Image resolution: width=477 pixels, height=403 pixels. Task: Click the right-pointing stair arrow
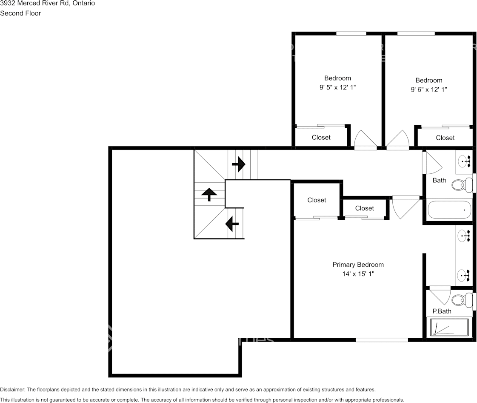239,164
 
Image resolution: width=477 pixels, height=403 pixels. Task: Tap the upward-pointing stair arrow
209,194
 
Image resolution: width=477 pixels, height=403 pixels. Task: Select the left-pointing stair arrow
232,223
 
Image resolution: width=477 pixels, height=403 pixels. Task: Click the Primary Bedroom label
358,265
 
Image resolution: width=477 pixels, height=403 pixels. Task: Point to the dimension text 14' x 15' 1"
358,274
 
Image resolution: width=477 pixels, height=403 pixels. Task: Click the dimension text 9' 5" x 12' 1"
337,87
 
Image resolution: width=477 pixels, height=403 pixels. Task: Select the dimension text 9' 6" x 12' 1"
428,89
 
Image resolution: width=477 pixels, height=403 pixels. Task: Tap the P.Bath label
442,311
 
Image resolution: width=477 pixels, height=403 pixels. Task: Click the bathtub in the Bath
449,210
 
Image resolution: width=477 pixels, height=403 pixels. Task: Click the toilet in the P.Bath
461,300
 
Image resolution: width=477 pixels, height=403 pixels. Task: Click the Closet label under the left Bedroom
321,137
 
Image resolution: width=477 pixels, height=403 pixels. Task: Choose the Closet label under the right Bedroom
445,138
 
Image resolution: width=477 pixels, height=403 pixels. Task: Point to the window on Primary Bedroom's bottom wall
382,340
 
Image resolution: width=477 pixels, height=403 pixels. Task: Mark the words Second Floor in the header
20,13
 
